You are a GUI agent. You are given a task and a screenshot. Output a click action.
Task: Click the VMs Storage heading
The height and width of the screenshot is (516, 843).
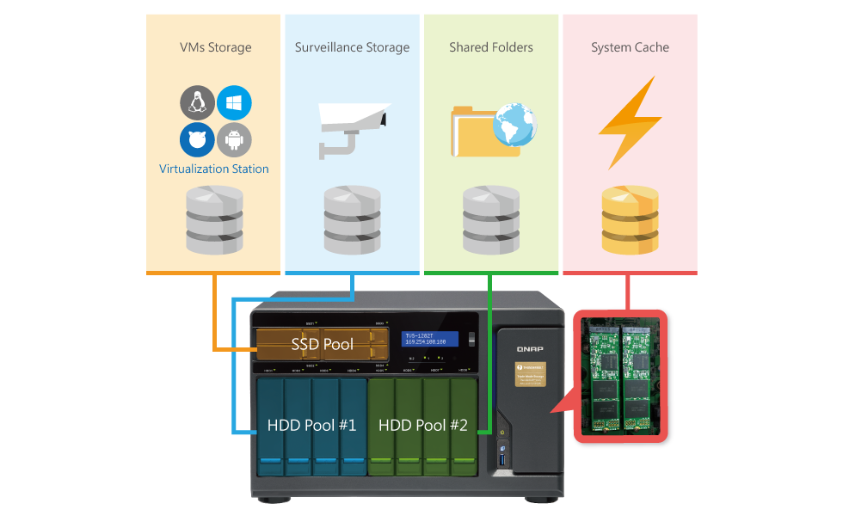pos(215,47)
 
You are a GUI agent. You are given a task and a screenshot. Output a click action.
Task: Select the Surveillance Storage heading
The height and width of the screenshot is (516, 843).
pos(352,47)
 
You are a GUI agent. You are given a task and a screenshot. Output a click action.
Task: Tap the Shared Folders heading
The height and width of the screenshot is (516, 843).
pos(490,47)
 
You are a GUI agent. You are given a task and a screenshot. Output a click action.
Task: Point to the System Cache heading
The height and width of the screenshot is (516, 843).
pos(630,48)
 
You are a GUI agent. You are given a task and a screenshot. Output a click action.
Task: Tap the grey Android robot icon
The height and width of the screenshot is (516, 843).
pos(234,139)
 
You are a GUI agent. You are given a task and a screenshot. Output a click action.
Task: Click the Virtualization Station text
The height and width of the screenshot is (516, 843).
pos(214,169)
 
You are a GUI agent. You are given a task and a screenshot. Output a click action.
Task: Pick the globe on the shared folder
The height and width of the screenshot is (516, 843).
pos(514,126)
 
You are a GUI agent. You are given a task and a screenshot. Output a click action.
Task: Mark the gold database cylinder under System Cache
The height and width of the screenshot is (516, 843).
pos(630,221)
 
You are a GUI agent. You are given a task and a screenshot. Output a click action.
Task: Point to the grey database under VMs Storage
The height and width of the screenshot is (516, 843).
pos(214,221)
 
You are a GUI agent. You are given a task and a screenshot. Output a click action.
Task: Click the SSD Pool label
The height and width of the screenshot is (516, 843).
pos(322,345)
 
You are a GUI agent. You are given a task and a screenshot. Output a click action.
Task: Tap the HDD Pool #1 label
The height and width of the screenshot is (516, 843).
pos(311,425)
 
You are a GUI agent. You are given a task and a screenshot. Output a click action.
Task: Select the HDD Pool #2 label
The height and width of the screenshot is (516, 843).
pos(422,425)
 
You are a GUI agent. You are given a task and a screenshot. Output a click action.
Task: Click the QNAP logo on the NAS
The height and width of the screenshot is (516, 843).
pos(527,349)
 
